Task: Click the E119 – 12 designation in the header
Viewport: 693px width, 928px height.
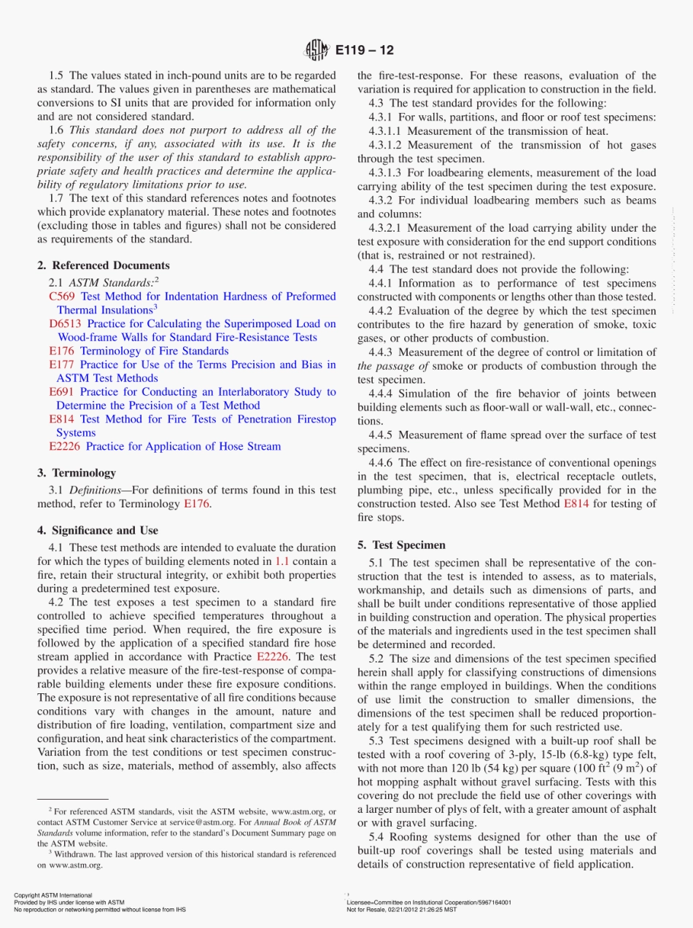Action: (x=365, y=50)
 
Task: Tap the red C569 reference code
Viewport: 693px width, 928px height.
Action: (x=62, y=297)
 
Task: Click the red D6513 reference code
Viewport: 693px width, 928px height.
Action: (x=65, y=324)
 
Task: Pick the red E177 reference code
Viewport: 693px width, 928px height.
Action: (x=62, y=364)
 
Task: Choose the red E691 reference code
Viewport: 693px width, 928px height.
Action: (x=62, y=391)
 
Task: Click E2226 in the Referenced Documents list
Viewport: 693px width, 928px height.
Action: (x=65, y=446)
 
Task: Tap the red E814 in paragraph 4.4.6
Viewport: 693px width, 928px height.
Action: (x=576, y=504)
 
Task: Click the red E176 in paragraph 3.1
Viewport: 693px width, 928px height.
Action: (x=196, y=504)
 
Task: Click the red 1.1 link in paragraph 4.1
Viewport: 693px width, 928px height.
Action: (x=282, y=561)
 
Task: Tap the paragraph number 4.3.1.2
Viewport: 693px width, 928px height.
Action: (x=387, y=145)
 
